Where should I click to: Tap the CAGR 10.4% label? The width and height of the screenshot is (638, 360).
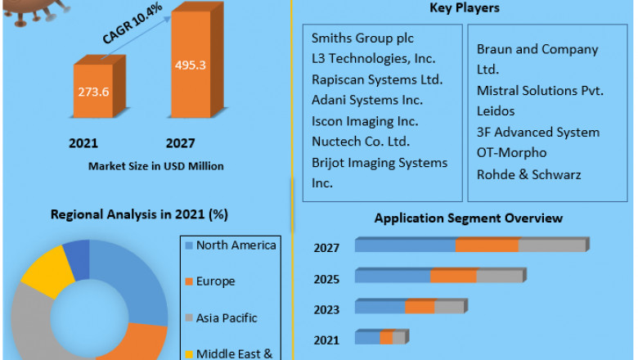click(x=132, y=25)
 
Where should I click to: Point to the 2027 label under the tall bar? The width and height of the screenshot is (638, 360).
click(x=180, y=143)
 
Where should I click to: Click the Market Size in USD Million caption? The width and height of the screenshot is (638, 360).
click(x=156, y=166)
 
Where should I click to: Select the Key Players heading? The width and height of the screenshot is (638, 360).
click(x=465, y=8)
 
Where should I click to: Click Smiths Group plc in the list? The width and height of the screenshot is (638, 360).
click(x=362, y=38)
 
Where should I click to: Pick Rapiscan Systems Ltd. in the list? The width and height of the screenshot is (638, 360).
click(x=376, y=79)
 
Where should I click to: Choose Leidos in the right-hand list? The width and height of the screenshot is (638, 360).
click(x=496, y=110)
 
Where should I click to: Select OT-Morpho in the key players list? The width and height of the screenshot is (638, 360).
click(x=511, y=152)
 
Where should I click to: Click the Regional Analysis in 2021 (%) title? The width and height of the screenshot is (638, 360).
click(x=139, y=214)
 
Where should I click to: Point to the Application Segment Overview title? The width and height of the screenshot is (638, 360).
click(x=468, y=218)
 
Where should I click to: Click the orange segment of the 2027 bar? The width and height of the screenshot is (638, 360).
click(x=487, y=245)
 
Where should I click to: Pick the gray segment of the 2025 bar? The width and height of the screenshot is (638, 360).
click(x=499, y=277)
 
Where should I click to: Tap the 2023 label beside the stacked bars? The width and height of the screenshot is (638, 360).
click(x=326, y=309)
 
